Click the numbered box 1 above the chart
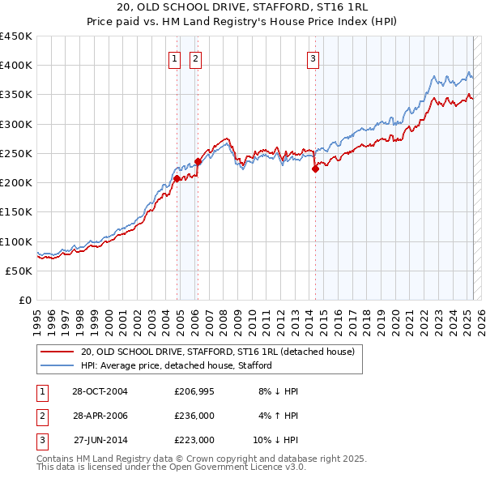pos(175,58)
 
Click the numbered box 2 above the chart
pos(196,58)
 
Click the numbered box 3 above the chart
pos(313,58)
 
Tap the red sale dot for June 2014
pos(315,169)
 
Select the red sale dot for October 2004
pos(177,178)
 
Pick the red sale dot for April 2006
pos(198,161)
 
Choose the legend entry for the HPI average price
pos(175,366)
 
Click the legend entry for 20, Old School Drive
pos(217,352)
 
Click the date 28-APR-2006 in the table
pos(99,416)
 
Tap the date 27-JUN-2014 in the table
pos(100,441)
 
